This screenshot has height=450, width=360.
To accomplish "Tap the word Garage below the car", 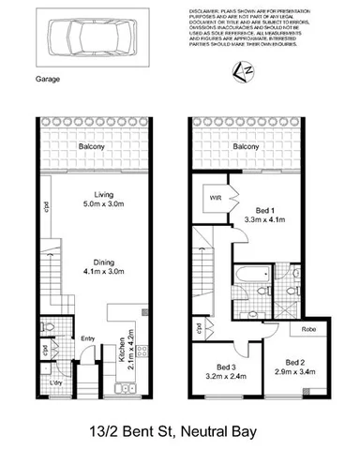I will coord(47,80).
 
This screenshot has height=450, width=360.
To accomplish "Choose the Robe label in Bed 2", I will coord(305,330).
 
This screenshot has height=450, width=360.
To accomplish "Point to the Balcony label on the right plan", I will coord(246,148).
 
